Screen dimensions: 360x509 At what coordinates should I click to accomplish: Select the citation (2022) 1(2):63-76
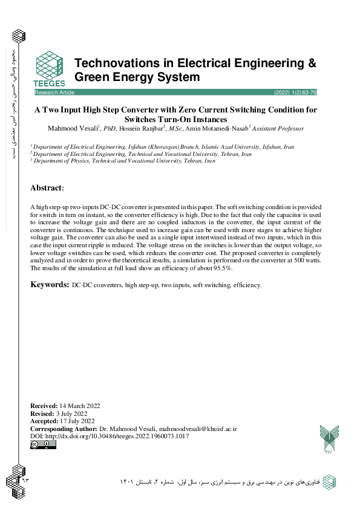[295, 93]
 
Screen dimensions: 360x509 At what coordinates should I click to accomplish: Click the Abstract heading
[47, 188]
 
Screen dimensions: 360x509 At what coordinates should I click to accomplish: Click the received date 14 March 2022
[80, 406]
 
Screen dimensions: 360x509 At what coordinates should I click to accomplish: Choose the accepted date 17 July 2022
[78, 421]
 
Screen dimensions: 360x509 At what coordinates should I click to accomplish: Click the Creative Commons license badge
[43, 445]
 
